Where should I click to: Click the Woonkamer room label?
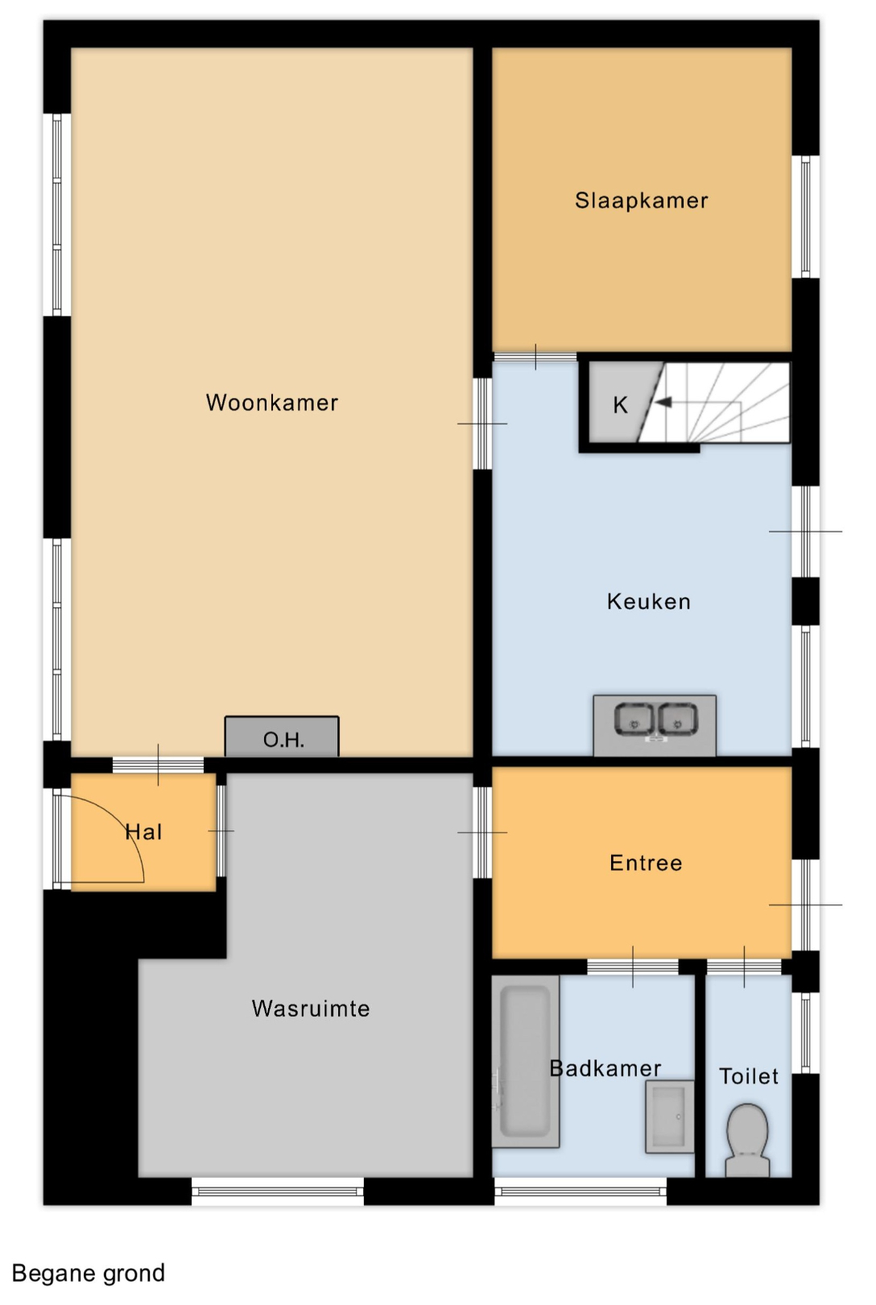272,403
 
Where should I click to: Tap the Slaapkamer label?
641,201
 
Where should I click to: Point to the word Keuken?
649,601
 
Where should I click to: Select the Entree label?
646,863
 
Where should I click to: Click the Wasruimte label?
311,1009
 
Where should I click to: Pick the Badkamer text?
605,1068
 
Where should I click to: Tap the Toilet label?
749,1076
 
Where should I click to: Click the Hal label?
144,832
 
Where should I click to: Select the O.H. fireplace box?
282,737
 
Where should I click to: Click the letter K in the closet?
620,405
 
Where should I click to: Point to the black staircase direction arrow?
664,402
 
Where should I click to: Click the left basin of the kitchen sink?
634,719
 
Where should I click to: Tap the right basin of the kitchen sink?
677,719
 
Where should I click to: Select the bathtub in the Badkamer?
526,1062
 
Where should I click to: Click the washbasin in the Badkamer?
670,1116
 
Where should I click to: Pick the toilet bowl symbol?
747,1139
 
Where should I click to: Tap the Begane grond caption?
89,1273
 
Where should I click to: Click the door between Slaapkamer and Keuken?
535,357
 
